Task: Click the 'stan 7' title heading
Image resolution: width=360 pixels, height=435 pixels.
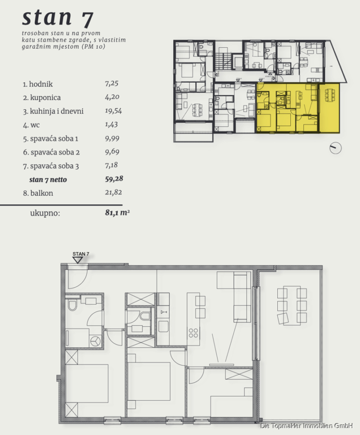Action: [x=58, y=18]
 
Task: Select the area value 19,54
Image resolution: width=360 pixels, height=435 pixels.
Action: [x=113, y=111]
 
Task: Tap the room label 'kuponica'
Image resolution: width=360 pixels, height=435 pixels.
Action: [x=45, y=98]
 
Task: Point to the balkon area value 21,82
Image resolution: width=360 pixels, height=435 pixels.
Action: [x=113, y=192]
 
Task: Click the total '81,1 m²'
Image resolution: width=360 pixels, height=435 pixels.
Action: [x=118, y=213]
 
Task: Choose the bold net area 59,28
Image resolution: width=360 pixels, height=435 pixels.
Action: [x=114, y=179]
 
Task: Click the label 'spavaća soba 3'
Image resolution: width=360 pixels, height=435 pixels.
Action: [x=55, y=166]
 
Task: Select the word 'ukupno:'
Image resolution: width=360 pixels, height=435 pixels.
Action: [x=45, y=213]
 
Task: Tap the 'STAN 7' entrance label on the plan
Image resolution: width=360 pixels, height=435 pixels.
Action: [x=81, y=254]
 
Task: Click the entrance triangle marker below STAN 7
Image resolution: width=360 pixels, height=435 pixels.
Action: [x=77, y=260]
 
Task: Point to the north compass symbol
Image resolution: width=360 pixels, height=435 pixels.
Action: [x=335, y=148]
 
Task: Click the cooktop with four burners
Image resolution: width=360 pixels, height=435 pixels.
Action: [x=194, y=333]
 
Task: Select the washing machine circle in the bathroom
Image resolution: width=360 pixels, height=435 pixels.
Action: [x=95, y=341]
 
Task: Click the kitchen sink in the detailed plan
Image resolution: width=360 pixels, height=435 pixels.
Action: [x=164, y=312]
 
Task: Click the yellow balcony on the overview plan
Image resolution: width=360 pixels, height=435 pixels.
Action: [x=330, y=108]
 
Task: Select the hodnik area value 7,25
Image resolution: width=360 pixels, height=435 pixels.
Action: [x=112, y=84]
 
